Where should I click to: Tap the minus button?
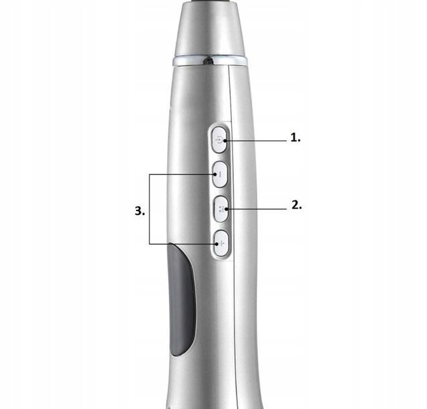tap(220, 174)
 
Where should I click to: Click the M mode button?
tap(221, 209)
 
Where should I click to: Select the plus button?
tap(221, 243)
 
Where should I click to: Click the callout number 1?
tap(296, 137)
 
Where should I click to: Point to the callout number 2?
tap(296, 205)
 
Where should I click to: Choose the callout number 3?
tap(140, 211)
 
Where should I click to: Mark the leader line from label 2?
tap(256, 209)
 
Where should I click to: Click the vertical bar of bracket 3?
tap(149, 209)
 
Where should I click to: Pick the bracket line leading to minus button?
tap(182, 174)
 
